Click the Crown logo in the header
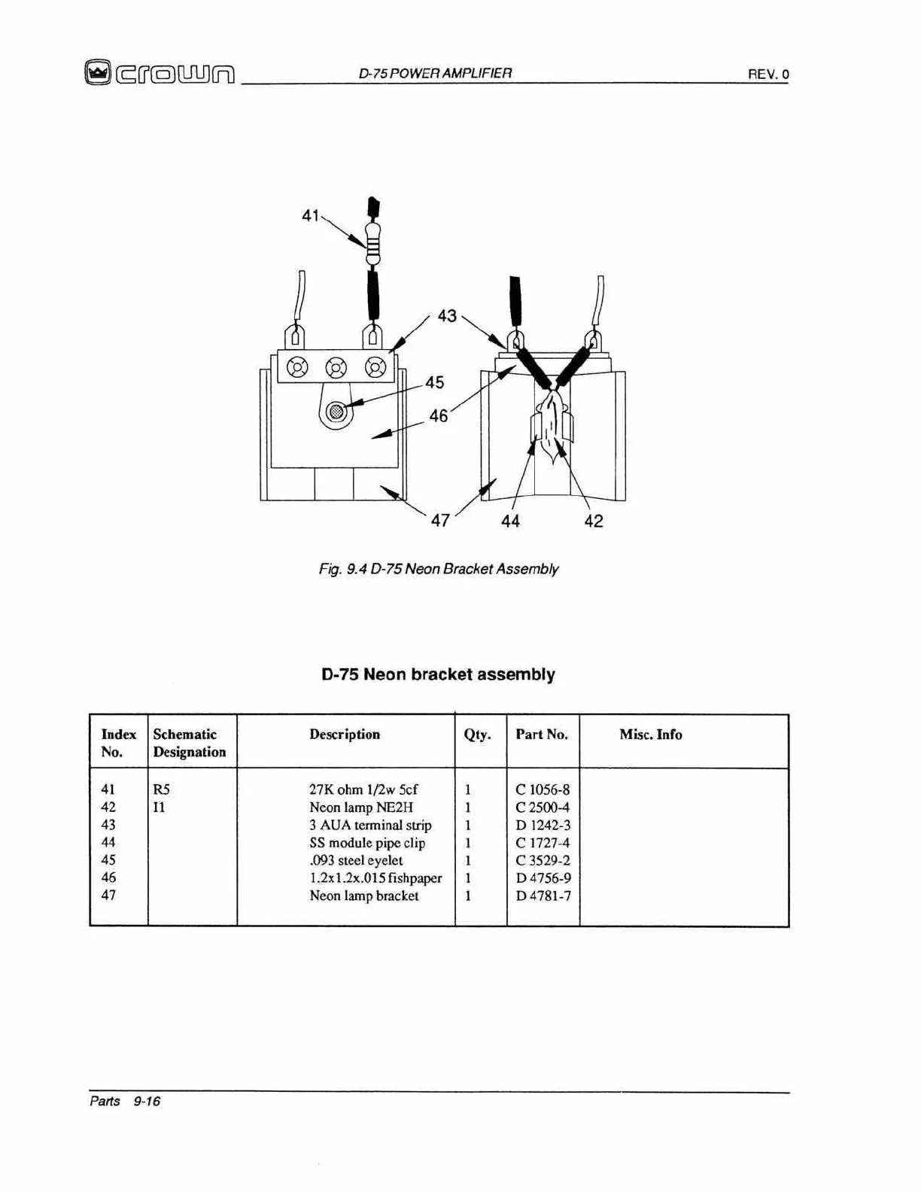(160, 73)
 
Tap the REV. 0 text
(767, 74)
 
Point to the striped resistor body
(372, 243)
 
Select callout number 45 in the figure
(435, 382)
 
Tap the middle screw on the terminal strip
(336, 368)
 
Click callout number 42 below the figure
(594, 521)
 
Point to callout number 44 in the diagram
(510, 521)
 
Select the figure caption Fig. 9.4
(438, 569)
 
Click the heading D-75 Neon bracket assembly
(438, 674)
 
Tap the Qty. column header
(477, 734)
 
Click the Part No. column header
(542, 734)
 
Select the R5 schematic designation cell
(161, 789)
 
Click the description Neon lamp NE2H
(361, 807)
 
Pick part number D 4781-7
(543, 896)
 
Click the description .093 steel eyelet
(356, 860)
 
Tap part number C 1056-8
(543, 789)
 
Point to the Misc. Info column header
(651, 734)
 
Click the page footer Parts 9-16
(125, 1101)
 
